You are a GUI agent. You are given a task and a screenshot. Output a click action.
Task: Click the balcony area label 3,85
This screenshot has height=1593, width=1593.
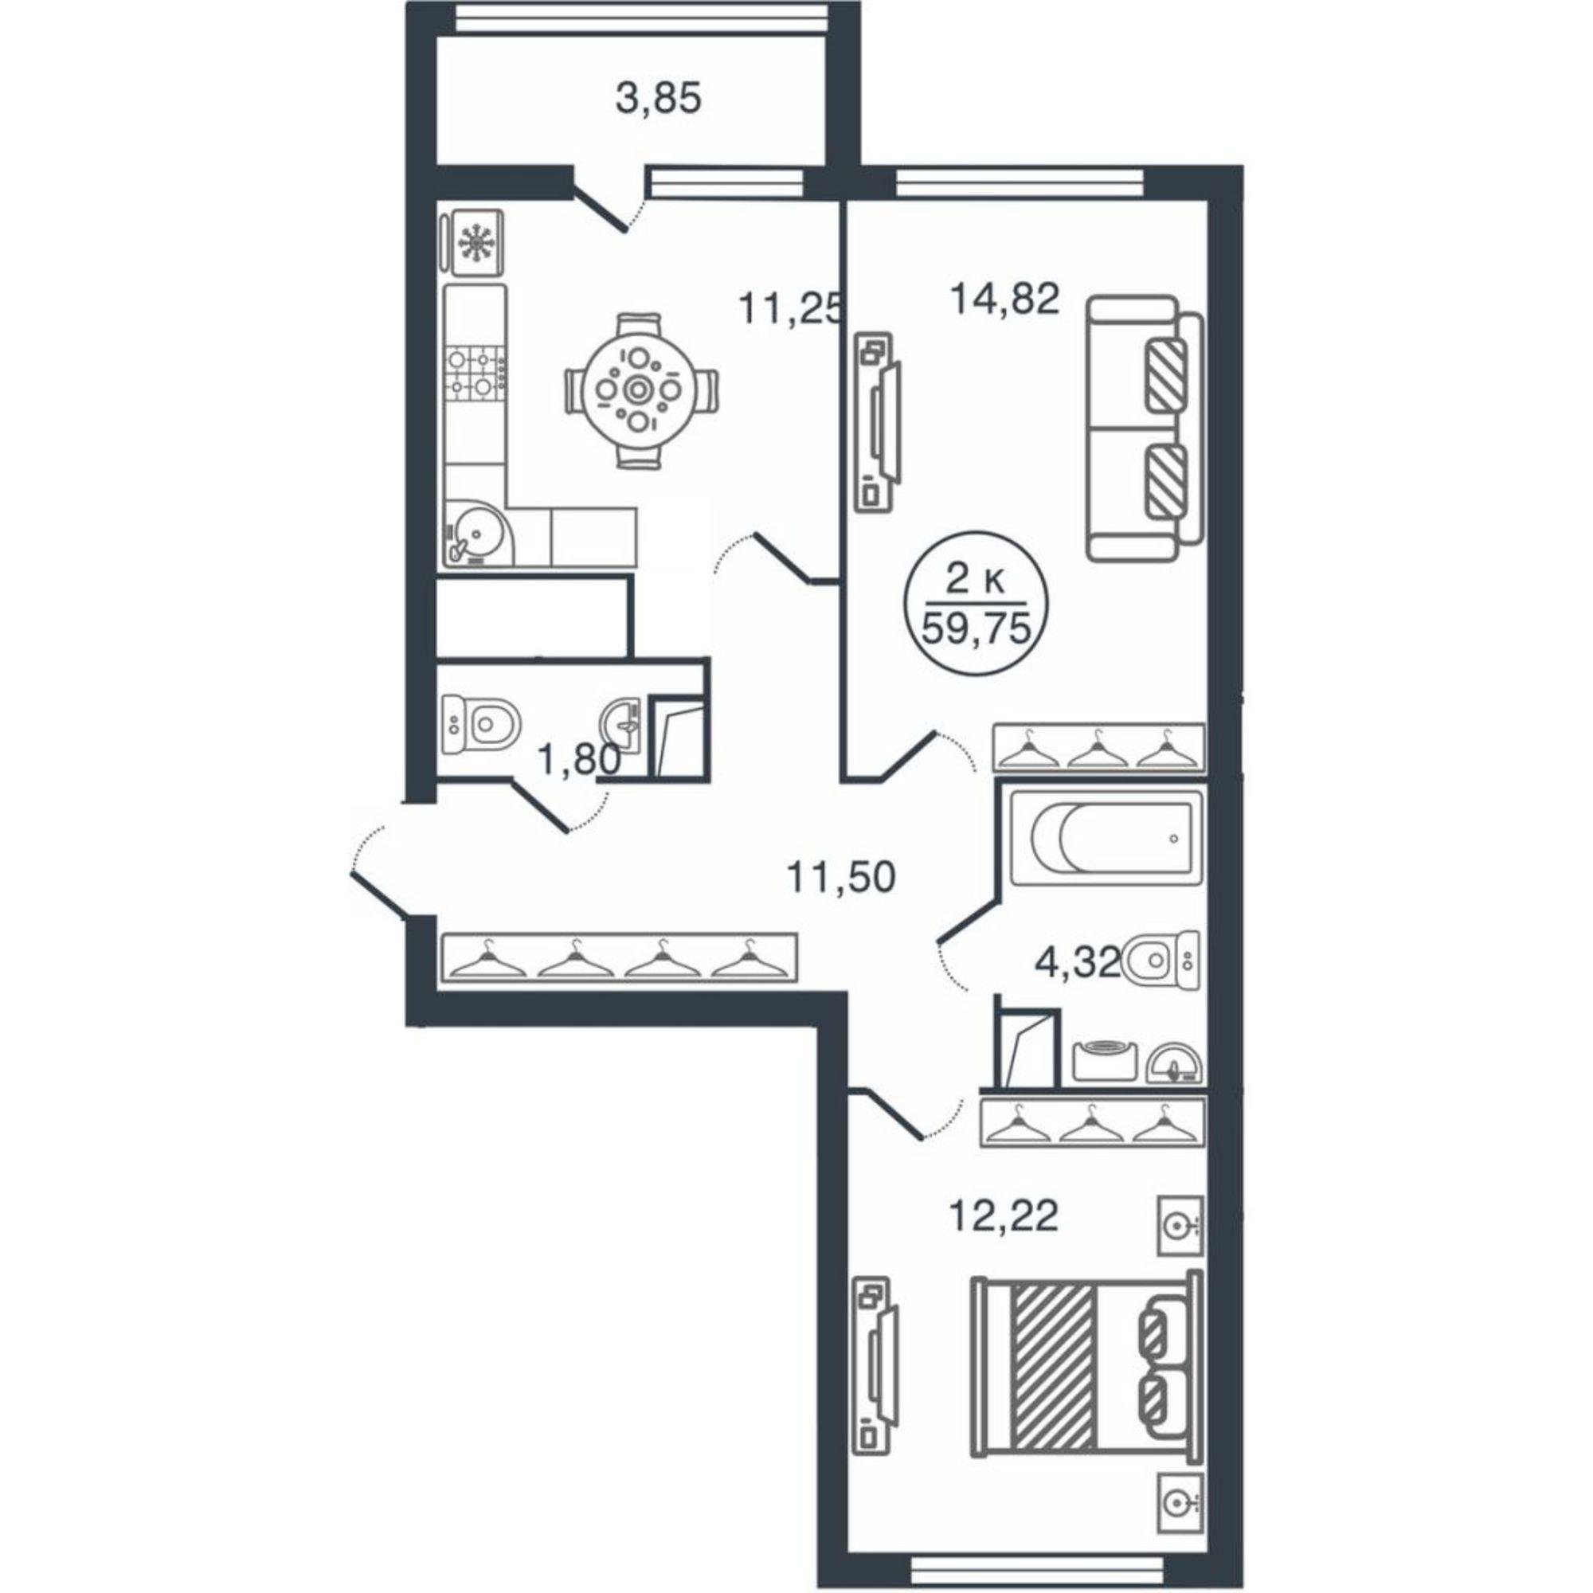coord(658,99)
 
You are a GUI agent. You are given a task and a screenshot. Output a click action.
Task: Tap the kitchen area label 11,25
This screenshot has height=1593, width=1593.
coord(793,311)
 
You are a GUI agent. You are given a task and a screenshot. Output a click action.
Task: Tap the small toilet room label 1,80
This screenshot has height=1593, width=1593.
coord(578,758)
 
